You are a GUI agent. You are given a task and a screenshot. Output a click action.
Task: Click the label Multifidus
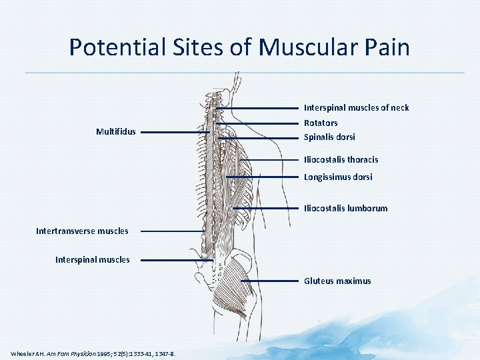point(115,132)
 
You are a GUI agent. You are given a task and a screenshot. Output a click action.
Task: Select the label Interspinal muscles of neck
point(356,107)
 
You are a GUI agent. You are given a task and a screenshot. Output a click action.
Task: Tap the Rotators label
point(321,123)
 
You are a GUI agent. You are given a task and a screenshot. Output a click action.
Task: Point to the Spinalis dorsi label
point(329,137)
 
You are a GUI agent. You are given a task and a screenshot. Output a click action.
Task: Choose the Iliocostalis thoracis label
point(341,159)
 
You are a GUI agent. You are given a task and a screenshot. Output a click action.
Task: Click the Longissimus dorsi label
point(338,177)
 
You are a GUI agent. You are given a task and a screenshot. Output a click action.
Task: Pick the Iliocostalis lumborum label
point(345,208)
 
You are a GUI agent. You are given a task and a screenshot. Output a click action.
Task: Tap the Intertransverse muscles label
point(82,231)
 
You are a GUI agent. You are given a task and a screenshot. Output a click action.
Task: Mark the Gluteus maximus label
point(337,281)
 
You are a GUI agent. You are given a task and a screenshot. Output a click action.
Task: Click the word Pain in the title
point(384,47)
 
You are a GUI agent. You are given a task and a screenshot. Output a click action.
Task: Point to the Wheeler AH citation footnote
point(93,353)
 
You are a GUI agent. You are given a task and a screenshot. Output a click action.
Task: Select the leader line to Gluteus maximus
point(269,281)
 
